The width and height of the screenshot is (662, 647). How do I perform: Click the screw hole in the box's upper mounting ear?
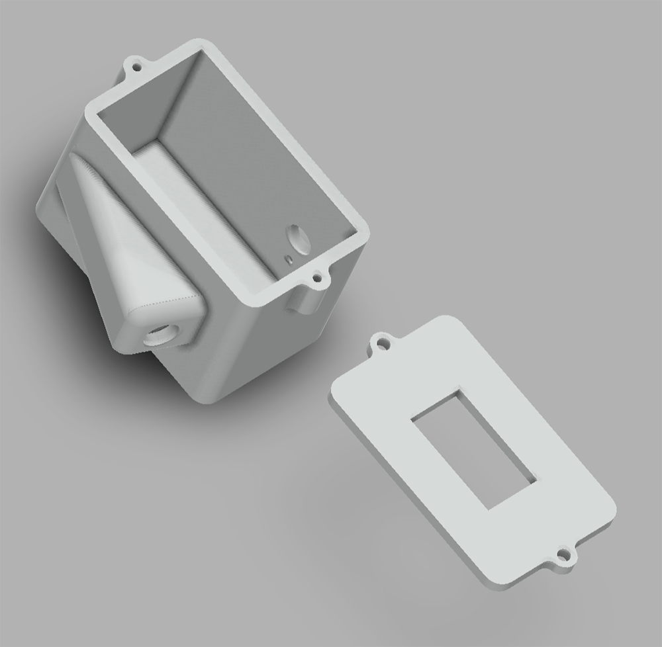click(x=138, y=66)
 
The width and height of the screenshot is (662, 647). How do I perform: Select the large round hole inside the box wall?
click(x=297, y=239)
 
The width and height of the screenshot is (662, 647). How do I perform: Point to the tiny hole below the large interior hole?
click(x=289, y=259)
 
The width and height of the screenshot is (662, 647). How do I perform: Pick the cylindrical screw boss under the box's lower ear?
click(x=305, y=301)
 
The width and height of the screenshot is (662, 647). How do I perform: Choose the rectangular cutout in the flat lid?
click(x=473, y=449)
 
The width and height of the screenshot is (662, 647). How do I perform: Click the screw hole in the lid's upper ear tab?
click(x=382, y=344)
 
